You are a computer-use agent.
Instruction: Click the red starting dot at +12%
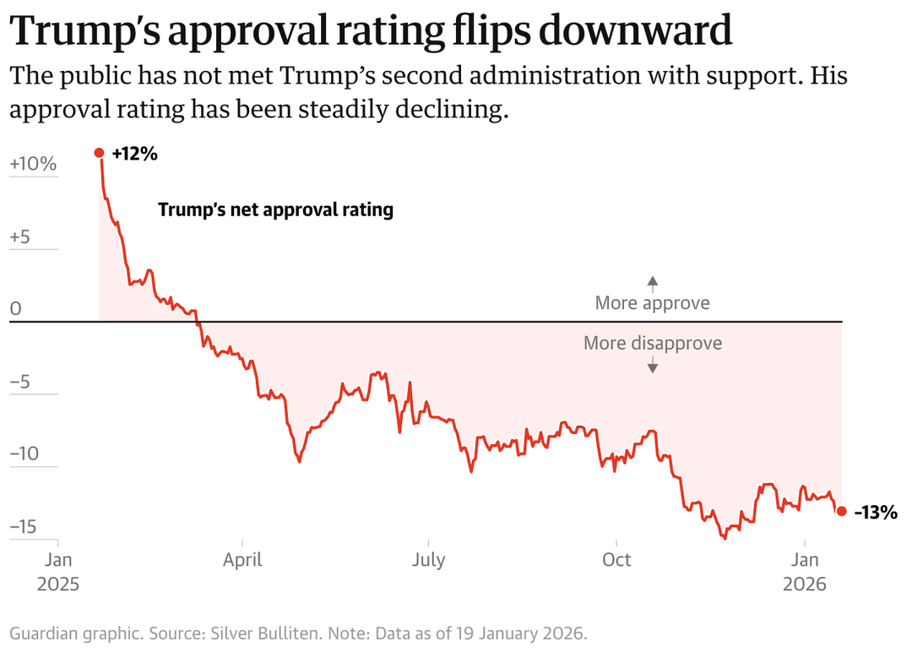tap(99, 153)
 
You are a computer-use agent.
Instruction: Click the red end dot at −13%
tap(841, 511)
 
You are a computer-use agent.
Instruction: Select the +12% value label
tap(134, 154)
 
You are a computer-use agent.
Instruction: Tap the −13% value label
tap(875, 512)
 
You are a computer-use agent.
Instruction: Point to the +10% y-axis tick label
tap(33, 164)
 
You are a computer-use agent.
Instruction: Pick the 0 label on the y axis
tap(15, 309)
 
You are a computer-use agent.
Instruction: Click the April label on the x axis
tap(242, 559)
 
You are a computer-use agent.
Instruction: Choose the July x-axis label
tap(429, 559)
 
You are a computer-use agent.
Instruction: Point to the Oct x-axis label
tap(616, 559)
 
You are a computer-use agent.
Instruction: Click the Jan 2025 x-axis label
tap(57, 571)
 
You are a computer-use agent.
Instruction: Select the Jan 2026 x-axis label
tap(805, 571)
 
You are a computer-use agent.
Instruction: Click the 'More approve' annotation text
tap(652, 302)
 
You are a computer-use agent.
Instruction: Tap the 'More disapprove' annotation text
tap(652, 344)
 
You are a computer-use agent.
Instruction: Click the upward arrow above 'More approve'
tap(652, 283)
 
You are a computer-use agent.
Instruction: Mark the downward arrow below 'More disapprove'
tap(652, 366)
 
